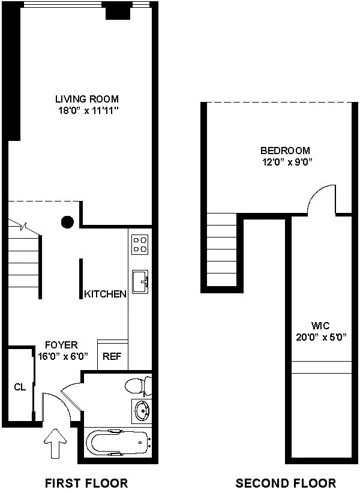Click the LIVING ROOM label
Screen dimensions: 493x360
point(86,99)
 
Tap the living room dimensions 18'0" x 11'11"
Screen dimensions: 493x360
point(86,110)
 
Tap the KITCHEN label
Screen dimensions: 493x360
point(105,294)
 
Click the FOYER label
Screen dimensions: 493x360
point(62,345)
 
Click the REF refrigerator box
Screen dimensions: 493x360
point(112,356)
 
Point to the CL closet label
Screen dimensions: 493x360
point(20,387)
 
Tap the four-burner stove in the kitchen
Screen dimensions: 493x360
point(140,244)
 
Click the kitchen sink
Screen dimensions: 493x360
point(140,281)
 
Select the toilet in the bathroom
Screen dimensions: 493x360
point(137,384)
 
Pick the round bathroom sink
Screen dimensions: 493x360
point(142,412)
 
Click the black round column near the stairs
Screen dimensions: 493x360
point(68,222)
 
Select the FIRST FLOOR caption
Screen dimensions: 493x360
point(86,483)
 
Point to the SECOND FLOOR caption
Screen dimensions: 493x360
point(286,483)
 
